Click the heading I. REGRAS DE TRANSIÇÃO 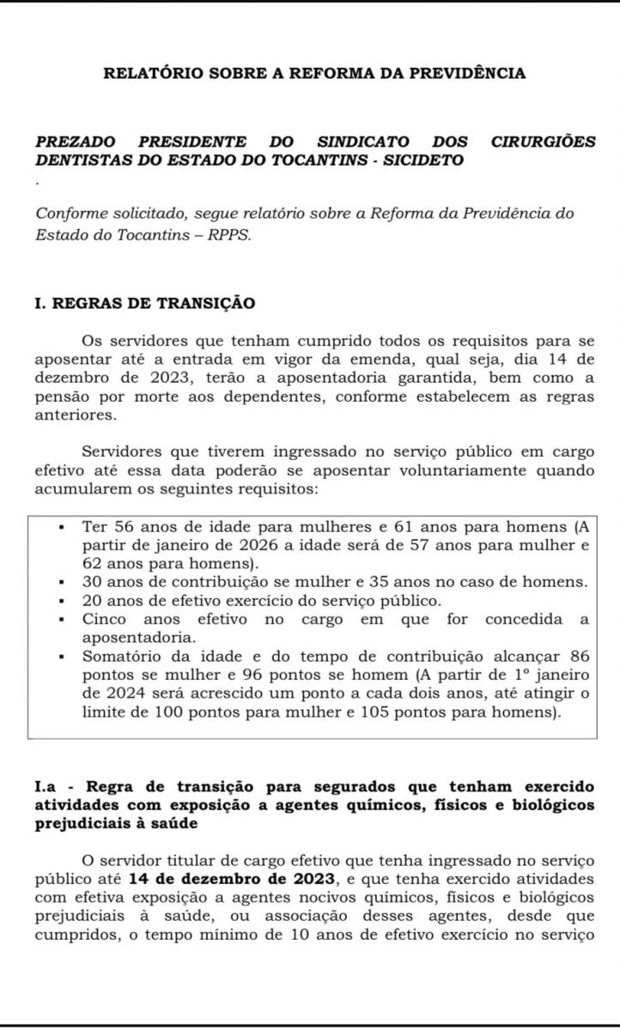[145, 303]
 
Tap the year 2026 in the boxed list [256, 546]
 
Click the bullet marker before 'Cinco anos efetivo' [62, 620]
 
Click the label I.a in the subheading [47, 787]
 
